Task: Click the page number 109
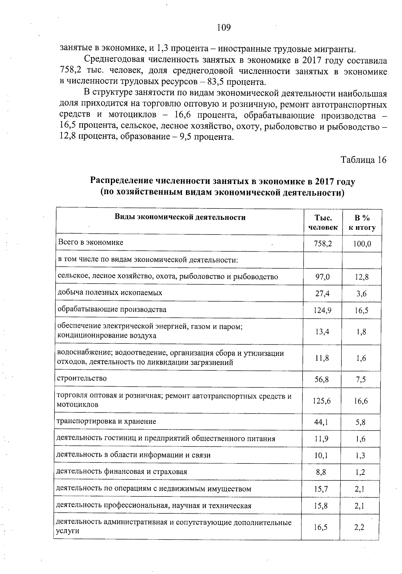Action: [224, 27]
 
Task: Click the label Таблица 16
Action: [363, 160]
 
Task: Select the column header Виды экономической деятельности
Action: [180, 217]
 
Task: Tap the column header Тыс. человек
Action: [323, 222]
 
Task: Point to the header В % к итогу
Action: [362, 222]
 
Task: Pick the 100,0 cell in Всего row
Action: [362, 244]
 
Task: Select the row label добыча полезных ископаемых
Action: [110, 293]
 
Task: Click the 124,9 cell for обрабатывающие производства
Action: [323, 310]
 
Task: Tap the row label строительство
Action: [82, 378]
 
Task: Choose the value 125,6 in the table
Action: [322, 401]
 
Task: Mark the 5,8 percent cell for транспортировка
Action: [361, 422]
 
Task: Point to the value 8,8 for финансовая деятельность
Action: [321, 472]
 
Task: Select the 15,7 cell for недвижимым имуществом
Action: [321, 489]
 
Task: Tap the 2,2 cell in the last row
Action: [359, 527]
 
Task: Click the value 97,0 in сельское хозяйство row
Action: [323, 277]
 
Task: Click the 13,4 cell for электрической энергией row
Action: [322, 332]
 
